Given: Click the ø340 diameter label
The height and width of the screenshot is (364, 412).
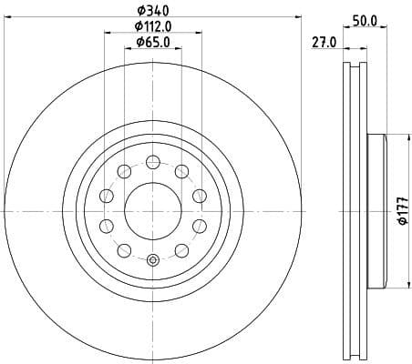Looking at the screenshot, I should click(152, 10).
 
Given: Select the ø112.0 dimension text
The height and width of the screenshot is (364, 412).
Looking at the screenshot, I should click(153, 25).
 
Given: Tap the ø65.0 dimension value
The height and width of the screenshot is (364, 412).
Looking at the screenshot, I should click(153, 42).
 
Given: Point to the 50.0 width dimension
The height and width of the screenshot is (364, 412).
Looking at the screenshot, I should click(366, 19).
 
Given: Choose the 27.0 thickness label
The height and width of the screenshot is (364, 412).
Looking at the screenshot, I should click(324, 42).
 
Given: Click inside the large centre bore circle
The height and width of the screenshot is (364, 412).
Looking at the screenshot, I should click(152, 210).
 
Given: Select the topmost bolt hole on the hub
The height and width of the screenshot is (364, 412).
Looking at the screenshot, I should click(152, 163).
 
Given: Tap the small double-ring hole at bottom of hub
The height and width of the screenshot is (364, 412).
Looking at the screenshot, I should click(152, 261).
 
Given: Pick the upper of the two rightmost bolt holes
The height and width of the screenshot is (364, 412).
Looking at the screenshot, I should click(198, 196).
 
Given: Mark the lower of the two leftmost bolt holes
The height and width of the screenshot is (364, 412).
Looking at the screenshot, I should click(107, 226).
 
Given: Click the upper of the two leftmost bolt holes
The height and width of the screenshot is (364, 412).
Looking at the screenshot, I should click(107, 196).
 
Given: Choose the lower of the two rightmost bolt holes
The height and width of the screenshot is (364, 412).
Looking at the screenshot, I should click(198, 226).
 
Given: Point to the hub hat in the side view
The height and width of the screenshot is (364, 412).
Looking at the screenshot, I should click(376, 210).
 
